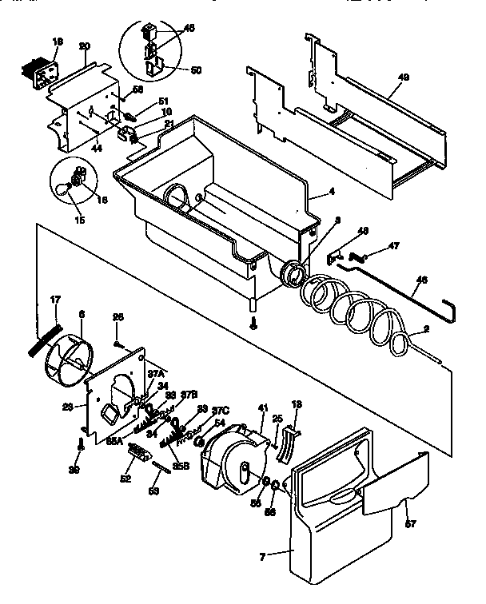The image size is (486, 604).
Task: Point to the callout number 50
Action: [195, 70]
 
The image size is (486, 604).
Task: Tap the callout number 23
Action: [69, 405]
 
